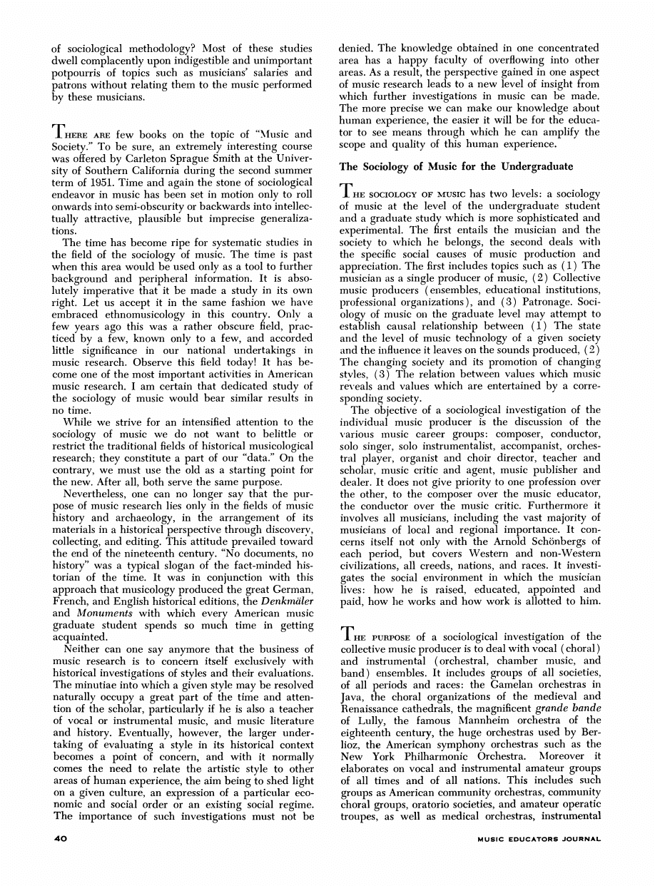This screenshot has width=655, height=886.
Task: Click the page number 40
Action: (60, 840)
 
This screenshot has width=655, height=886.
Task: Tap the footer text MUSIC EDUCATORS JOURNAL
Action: (539, 840)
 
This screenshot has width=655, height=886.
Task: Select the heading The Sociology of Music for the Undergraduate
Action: (456, 167)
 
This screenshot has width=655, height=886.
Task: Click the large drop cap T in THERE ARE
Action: (61, 133)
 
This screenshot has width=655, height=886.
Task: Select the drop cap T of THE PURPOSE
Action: (347, 635)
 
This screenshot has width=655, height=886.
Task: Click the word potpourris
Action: (78, 73)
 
